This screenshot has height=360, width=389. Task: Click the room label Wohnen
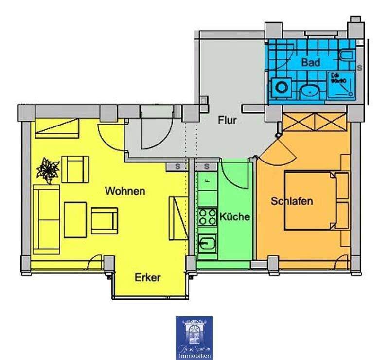click(x=125, y=191)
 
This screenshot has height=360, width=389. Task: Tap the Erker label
click(x=147, y=278)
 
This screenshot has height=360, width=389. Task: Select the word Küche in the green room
click(x=234, y=217)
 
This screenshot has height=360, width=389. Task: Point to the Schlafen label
click(x=292, y=201)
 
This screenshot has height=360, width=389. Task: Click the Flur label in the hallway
click(x=227, y=120)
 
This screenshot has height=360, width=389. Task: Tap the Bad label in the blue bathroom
click(x=310, y=62)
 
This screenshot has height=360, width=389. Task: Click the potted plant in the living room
click(x=48, y=170)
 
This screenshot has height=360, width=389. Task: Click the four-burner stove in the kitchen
click(x=208, y=216)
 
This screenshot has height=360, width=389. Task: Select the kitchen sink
click(x=208, y=244)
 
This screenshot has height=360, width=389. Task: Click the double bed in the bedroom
click(x=316, y=199)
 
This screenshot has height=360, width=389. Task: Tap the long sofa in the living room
click(x=46, y=219)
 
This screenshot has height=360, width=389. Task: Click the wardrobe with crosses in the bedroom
click(x=315, y=121)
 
